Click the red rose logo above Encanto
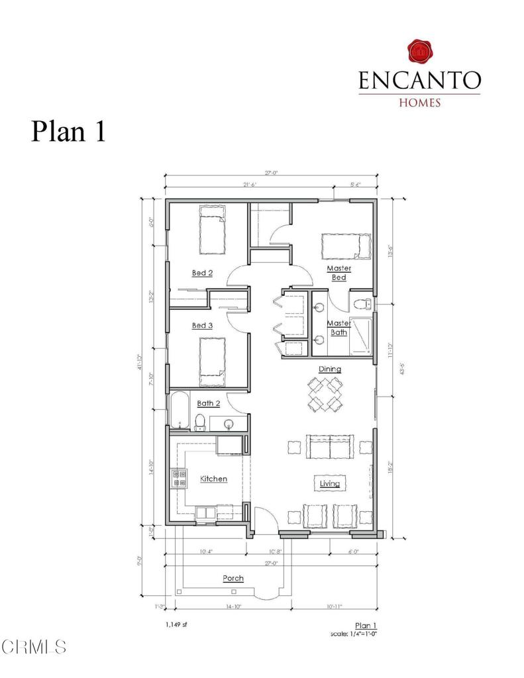pos(419,52)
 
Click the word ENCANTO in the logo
pos(419,80)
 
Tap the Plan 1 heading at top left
pos(68,130)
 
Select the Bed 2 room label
pos(202,272)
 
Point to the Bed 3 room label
pos(202,325)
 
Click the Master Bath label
pos(339,327)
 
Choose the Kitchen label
pos(214,479)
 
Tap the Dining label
pos(330,369)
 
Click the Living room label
pos(329,483)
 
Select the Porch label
pos(233,578)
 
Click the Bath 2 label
pos(209,403)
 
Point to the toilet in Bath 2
pos(199,420)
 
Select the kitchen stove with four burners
pos(178,478)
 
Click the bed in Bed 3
pos(213,362)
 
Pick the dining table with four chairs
pos(325,393)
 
